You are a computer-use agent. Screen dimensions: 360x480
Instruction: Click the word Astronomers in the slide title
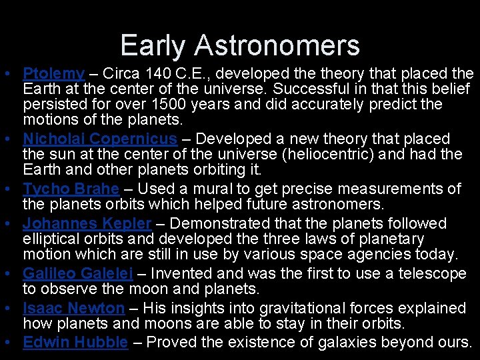(277, 45)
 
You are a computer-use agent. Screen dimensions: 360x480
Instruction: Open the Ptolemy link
(53, 73)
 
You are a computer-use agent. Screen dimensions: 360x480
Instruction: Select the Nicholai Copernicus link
(100, 139)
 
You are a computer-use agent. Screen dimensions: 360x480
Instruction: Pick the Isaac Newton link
(73, 308)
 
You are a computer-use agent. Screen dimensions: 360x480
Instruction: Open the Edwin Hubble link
(75, 342)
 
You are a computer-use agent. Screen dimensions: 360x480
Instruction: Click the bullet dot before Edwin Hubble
(14, 342)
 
